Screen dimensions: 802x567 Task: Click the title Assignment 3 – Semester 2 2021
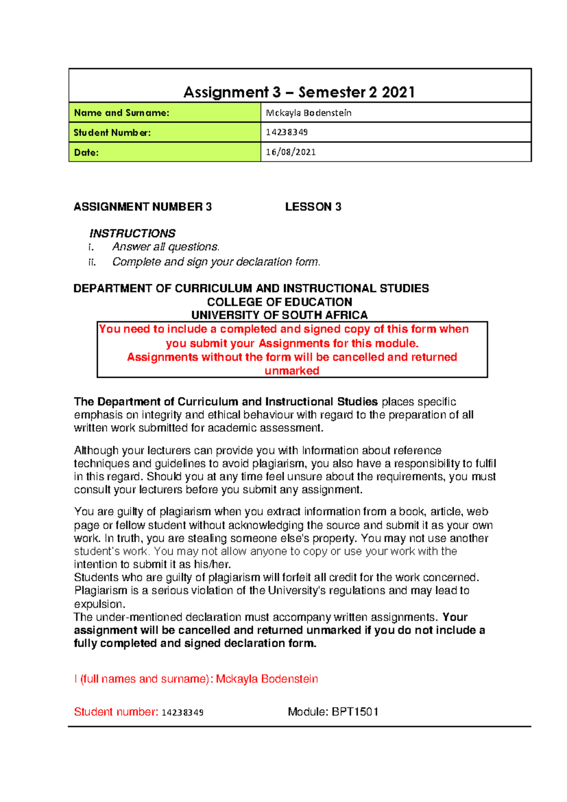tap(299, 92)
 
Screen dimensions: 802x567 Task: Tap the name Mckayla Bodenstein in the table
tap(309, 113)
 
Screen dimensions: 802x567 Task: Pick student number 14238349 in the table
tap(286, 132)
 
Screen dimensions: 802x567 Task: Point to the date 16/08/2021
tap(291, 152)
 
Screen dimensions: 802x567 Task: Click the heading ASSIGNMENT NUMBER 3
tap(143, 207)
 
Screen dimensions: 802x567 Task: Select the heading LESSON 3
tap(313, 207)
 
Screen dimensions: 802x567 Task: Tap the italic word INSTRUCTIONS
tap(132, 233)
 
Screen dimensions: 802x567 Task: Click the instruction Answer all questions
tap(166, 247)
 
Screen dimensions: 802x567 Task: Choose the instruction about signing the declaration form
tap(216, 262)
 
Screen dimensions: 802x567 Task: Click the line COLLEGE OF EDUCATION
tap(279, 302)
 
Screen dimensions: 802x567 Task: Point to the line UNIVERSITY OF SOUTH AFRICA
tap(279, 315)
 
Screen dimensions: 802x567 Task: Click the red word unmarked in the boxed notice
tap(292, 371)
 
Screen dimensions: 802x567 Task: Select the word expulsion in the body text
tap(99, 604)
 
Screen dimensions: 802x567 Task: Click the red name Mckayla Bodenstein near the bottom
tap(266, 679)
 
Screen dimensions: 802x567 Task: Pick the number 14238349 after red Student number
tap(182, 713)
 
